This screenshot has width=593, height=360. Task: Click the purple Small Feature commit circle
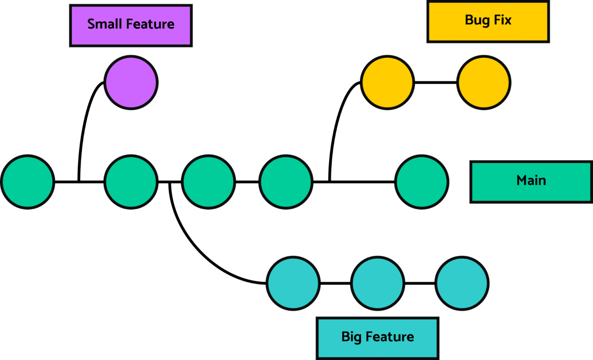point(131,82)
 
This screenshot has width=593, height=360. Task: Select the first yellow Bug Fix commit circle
point(387,82)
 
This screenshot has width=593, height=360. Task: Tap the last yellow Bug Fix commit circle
point(484,82)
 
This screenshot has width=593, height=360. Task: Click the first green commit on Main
point(28,182)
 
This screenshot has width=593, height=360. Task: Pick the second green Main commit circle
point(131,182)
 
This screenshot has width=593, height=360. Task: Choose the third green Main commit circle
point(208,182)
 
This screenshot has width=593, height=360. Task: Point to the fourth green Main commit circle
point(286,182)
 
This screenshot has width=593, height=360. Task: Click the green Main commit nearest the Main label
point(422,182)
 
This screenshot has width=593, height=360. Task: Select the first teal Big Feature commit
point(293,283)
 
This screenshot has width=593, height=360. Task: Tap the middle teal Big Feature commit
point(378,283)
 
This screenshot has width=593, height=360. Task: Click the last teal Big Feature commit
point(462,283)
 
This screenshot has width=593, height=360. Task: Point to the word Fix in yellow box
point(503,20)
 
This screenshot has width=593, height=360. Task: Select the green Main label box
point(531,182)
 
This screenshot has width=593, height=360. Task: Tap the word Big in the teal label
point(351,337)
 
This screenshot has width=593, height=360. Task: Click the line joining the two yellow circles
point(435,82)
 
